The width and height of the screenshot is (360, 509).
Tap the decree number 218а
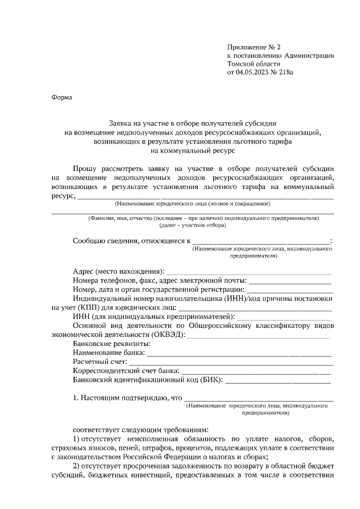[x=286, y=72]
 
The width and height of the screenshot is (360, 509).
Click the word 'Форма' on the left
[x=61, y=97]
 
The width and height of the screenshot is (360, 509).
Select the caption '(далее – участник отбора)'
[x=192, y=225]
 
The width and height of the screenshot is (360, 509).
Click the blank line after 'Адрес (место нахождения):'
[x=249, y=272]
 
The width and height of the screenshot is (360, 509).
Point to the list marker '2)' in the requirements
[x=77, y=466]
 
